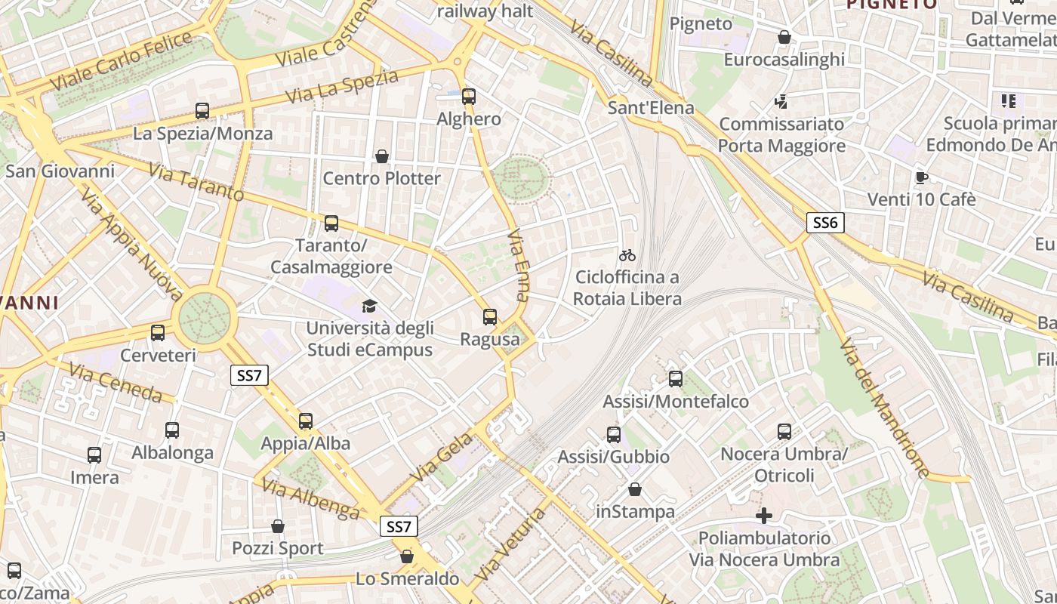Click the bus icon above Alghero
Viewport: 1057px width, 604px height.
[x=469, y=97]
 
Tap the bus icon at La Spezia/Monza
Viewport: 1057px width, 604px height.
[x=202, y=111]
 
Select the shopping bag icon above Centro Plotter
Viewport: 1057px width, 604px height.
[x=382, y=156]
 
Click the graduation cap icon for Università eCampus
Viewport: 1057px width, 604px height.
[x=369, y=306]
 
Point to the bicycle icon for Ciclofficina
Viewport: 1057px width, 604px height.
[x=627, y=255]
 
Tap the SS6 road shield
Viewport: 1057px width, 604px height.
[x=825, y=223]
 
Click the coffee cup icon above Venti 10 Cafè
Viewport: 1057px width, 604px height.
[x=921, y=177]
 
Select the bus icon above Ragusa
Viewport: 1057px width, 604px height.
[x=490, y=317]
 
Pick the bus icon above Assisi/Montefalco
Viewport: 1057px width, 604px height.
[x=676, y=379]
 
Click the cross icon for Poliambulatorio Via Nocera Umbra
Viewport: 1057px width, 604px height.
[x=764, y=516]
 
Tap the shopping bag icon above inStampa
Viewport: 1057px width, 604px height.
[x=635, y=489]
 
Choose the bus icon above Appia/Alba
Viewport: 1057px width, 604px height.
[x=306, y=421]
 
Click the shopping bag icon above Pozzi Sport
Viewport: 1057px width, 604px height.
[x=278, y=526]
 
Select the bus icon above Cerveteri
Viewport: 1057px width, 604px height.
[x=158, y=333]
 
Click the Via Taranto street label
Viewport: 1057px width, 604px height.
[x=196, y=183]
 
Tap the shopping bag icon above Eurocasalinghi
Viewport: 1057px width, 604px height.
[x=784, y=37]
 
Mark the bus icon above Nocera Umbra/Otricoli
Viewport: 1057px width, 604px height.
[x=784, y=432]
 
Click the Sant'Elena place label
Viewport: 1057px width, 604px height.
[x=651, y=108]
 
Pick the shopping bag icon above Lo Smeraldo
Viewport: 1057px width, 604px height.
[x=407, y=556]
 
